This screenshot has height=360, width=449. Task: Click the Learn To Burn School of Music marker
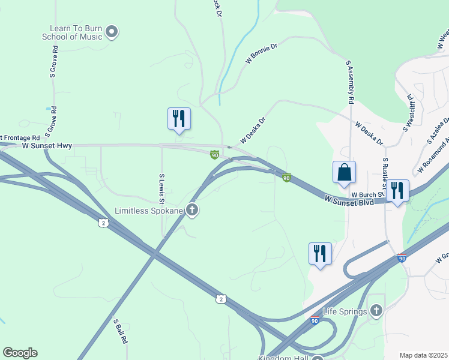tap(112, 32)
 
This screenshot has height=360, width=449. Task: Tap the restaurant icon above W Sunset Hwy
tap(179, 118)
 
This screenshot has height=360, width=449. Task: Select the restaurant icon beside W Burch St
tap(397, 191)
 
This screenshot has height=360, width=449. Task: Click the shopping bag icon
tap(345, 172)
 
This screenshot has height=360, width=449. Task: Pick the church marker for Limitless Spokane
tap(192, 210)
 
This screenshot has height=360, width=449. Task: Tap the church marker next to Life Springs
tap(376, 310)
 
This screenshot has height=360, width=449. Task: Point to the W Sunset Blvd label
tap(349, 200)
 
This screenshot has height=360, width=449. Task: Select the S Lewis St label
tap(161, 188)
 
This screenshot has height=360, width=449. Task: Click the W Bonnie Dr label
tap(261, 53)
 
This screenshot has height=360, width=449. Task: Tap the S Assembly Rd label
tap(349, 81)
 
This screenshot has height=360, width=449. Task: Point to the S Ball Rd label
tap(121, 331)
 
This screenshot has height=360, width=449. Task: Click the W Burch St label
tap(367, 194)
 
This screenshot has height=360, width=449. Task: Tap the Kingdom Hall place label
tap(282, 358)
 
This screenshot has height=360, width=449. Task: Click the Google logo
tap(20, 353)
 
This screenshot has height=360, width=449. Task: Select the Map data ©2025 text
tap(423, 355)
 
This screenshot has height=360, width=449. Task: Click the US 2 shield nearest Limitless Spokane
tap(103, 223)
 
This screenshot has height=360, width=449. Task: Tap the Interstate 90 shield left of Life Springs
tap(315, 320)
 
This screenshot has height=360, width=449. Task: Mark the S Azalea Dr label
tap(436, 131)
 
